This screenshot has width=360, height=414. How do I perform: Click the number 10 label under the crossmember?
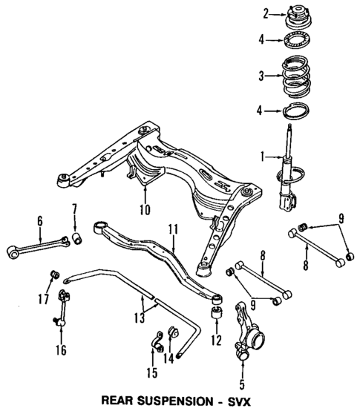click(x=144, y=210)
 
